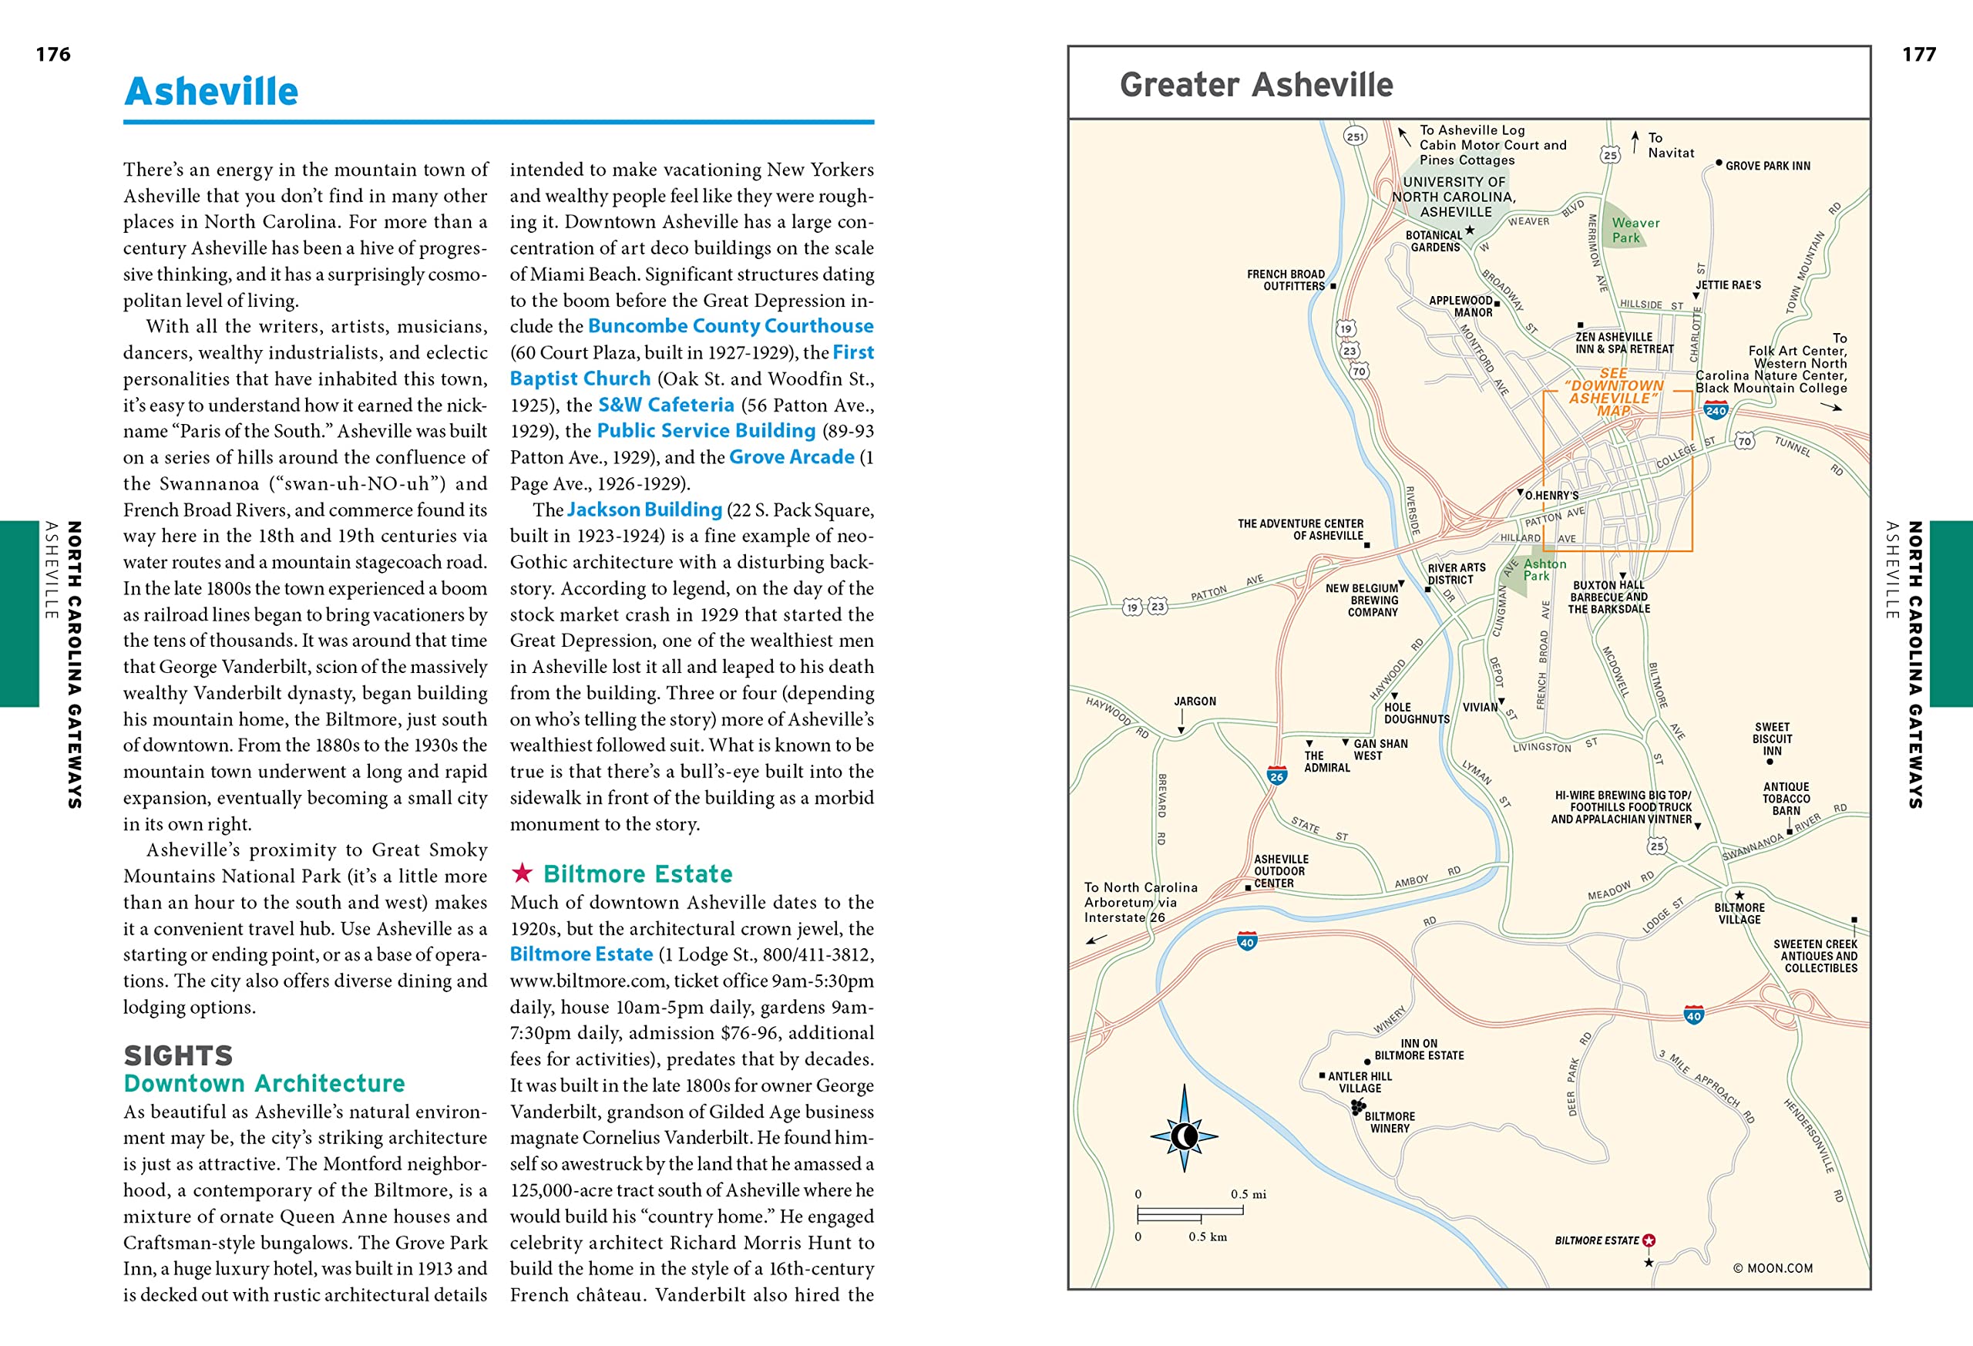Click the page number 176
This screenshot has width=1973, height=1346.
[52, 55]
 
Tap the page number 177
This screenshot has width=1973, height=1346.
[1919, 55]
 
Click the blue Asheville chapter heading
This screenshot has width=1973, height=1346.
[211, 92]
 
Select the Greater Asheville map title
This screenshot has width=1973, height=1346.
[1255, 85]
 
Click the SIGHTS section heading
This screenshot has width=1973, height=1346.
[178, 1055]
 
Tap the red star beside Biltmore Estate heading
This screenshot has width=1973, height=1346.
[522, 872]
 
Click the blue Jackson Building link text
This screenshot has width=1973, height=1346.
[644, 510]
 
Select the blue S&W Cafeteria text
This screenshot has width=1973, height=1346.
[666, 405]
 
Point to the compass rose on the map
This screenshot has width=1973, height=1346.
[1185, 1136]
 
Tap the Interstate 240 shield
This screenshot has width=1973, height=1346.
[1716, 411]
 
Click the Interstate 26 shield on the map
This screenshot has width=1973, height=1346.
[1276, 776]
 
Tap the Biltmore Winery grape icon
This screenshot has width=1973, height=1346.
[1358, 1106]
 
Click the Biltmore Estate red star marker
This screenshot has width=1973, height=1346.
[1649, 1240]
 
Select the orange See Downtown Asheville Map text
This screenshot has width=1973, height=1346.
[1612, 392]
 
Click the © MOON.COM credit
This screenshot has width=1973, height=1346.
[1773, 1268]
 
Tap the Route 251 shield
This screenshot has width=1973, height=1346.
[1355, 136]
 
